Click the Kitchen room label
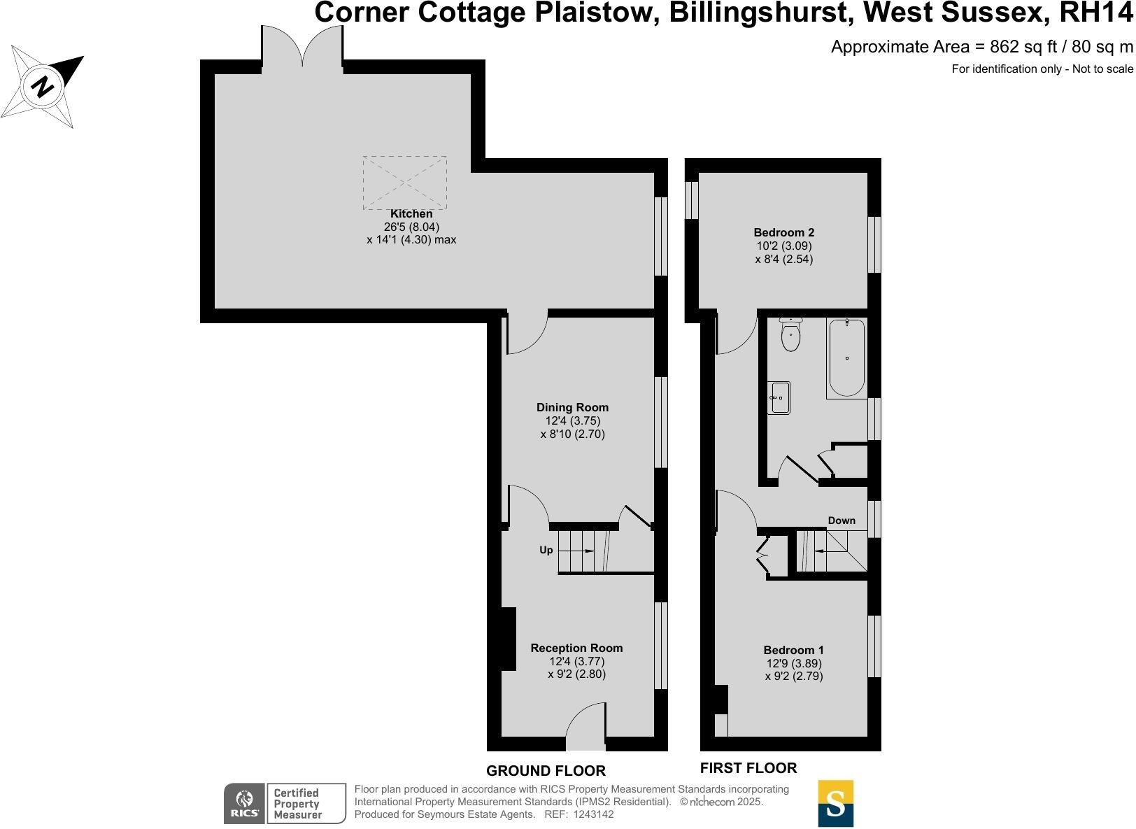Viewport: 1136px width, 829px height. pos(411,214)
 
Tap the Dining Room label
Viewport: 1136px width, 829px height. pos(572,407)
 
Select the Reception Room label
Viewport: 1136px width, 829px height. pos(576,648)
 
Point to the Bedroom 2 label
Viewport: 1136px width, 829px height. pos(783,232)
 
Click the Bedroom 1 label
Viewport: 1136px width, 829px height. pos(793,650)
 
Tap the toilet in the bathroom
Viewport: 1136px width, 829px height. pos(790,334)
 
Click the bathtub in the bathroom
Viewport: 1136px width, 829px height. pos(846,357)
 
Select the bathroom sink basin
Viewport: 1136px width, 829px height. pos(778,397)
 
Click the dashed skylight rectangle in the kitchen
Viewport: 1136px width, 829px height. pos(404,182)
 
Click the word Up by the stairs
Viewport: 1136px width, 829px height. pos(546,550)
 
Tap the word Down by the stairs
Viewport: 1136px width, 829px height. pos(842,520)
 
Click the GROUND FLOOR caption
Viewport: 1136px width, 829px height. pos(546,771)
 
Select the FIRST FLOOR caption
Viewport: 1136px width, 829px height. pos(748,768)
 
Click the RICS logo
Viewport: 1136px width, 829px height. pos(244,804)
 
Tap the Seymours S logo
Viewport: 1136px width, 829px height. pos(835,803)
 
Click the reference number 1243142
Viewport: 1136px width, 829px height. pos(593,814)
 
